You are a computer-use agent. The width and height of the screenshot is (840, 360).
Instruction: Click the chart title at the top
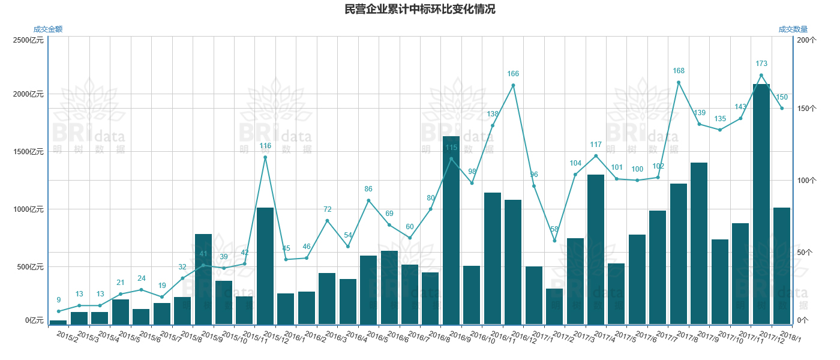pos(419,10)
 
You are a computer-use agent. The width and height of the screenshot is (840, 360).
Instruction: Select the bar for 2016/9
pos(451,230)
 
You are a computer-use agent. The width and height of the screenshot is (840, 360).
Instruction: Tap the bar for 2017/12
pos(761,204)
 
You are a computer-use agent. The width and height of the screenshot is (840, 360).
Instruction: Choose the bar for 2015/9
pos(203,279)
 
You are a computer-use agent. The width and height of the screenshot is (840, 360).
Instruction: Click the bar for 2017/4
pos(596,249)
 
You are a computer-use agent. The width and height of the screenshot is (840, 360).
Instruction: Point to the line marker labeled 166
pos(513,85)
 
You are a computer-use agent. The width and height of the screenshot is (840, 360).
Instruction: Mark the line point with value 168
pos(679,82)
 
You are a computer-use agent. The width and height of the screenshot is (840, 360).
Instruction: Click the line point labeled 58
pos(554,241)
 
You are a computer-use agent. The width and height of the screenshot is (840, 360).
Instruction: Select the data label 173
pos(761,64)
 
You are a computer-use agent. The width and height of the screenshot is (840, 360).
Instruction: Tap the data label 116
pos(265,146)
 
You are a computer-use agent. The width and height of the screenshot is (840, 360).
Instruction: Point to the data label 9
pos(59,300)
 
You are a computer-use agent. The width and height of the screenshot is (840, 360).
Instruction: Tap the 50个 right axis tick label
pos(805,253)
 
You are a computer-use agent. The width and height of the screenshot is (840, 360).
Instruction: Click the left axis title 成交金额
pos(48,29)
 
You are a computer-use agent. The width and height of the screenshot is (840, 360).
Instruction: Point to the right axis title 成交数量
pos(793,29)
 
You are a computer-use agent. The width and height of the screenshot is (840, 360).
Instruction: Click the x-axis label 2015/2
pos(67,336)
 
